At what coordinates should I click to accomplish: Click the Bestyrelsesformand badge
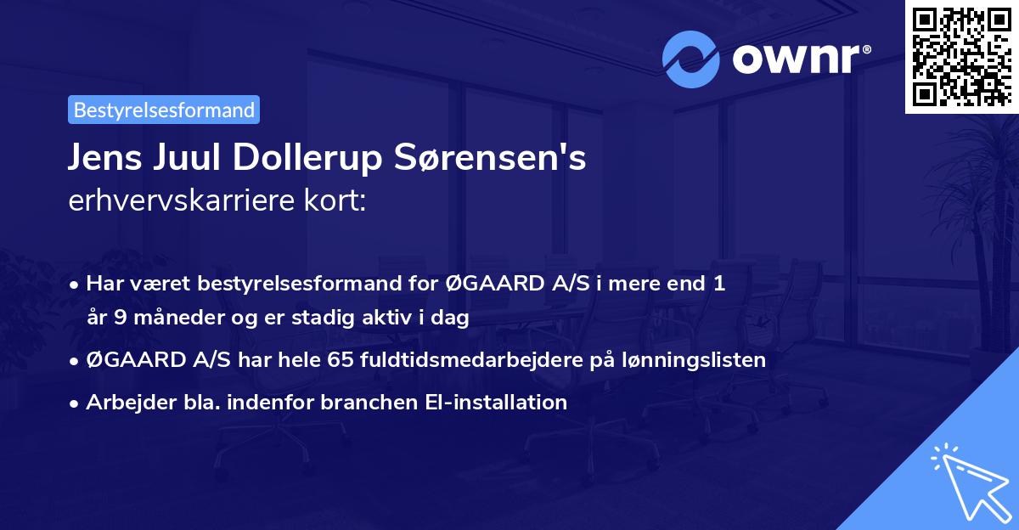(164, 110)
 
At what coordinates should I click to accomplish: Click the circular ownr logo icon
(691, 59)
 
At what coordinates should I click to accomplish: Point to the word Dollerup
(288, 159)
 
